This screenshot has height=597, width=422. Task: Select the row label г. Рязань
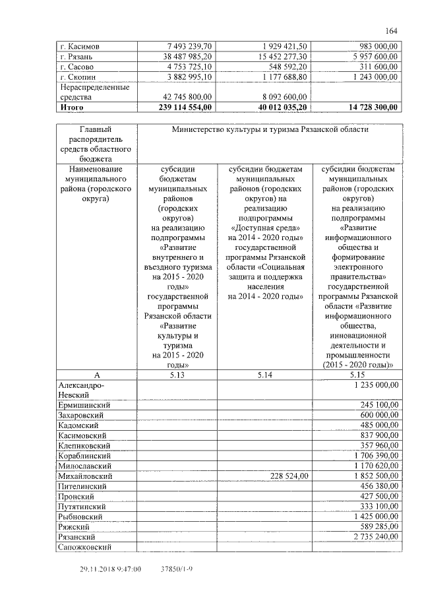pyautogui.click(x=77, y=57)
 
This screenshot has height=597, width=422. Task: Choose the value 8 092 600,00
pyautogui.click(x=280, y=97)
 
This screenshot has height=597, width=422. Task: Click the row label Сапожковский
pyautogui.click(x=86, y=547)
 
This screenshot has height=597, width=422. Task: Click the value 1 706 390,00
pyautogui.click(x=371, y=455)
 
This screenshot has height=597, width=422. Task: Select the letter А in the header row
pyautogui.click(x=96, y=375)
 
